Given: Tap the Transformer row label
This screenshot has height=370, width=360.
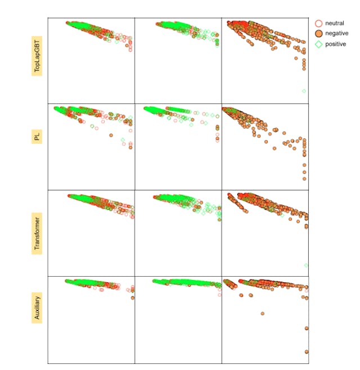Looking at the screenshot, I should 37,232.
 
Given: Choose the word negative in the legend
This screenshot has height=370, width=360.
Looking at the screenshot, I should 336,33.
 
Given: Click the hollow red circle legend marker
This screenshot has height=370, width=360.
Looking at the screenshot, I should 319,23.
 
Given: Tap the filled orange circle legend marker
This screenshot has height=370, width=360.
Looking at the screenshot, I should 319,33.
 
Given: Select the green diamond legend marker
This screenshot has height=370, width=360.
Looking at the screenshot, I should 319,43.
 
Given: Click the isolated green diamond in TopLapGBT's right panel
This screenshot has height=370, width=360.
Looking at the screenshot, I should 304,91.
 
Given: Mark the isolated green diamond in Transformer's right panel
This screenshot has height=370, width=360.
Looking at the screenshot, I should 307,265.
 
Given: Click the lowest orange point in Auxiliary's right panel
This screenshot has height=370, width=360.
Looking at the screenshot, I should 307,351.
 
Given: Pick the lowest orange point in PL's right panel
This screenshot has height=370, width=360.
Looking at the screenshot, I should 304,178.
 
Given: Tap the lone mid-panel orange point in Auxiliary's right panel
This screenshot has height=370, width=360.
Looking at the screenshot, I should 262,313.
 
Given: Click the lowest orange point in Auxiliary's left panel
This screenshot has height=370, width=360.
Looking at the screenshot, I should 133,297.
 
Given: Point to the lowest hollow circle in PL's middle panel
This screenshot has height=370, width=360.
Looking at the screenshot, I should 217,141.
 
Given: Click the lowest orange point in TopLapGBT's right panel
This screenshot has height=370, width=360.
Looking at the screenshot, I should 304,69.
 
